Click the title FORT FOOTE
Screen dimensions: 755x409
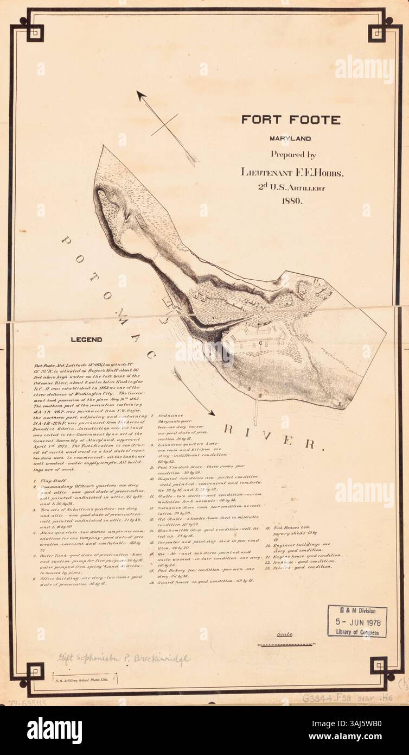point(291,119)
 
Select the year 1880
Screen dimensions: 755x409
point(291,200)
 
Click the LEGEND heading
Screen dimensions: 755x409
point(87,340)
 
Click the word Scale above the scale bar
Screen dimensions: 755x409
point(285,634)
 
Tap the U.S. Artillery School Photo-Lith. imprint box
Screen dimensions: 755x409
point(82,679)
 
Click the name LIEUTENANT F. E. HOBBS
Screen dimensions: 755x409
point(293,172)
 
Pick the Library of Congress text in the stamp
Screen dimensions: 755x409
point(357,633)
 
